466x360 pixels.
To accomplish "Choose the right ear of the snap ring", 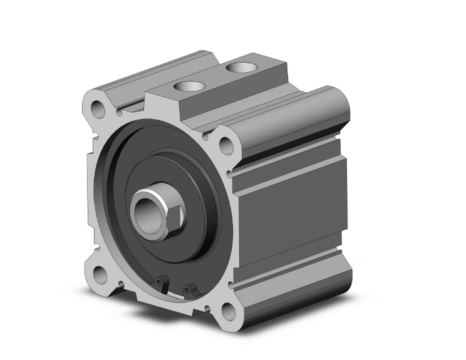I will click(189, 289).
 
